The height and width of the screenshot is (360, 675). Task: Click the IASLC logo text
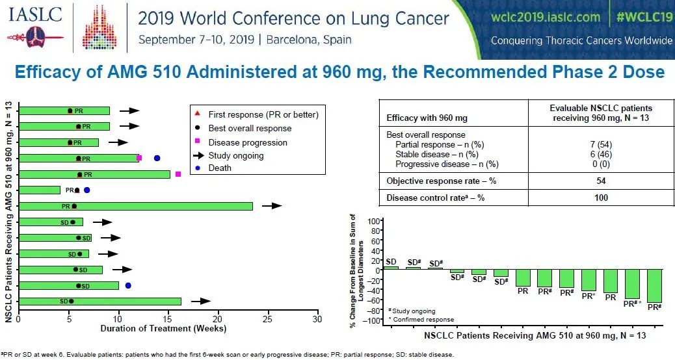click(x=35, y=15)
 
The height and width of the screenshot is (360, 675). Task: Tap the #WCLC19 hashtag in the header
click(x=644, y=17)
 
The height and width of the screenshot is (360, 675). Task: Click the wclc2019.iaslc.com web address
click(x=546, y=17)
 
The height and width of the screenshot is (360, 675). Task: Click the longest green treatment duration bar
click(x=135, y=206)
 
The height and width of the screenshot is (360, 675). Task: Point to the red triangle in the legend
click(x=197, y=114)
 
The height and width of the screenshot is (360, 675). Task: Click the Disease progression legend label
click(x=248, y=142)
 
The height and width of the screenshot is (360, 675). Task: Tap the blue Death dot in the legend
click(x=197, y=168)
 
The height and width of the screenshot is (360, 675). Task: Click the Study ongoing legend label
click(x=236, y=155)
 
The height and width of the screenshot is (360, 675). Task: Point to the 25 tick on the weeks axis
click(x=267, y=320)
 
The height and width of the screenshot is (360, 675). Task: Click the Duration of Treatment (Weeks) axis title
click(x=163, y=329)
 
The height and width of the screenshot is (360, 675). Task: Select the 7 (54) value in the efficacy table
click(x=601, y=144)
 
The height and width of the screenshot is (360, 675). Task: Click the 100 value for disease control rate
click(x=601, y=198)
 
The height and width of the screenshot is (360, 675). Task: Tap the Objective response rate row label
click(x=442, y=181)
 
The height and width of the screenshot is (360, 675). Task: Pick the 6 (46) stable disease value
click(x=601, y=154)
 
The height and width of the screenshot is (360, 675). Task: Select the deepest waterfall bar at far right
click(x=654, y=286)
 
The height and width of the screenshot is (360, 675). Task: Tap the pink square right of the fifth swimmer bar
click(x=178, y=174)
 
